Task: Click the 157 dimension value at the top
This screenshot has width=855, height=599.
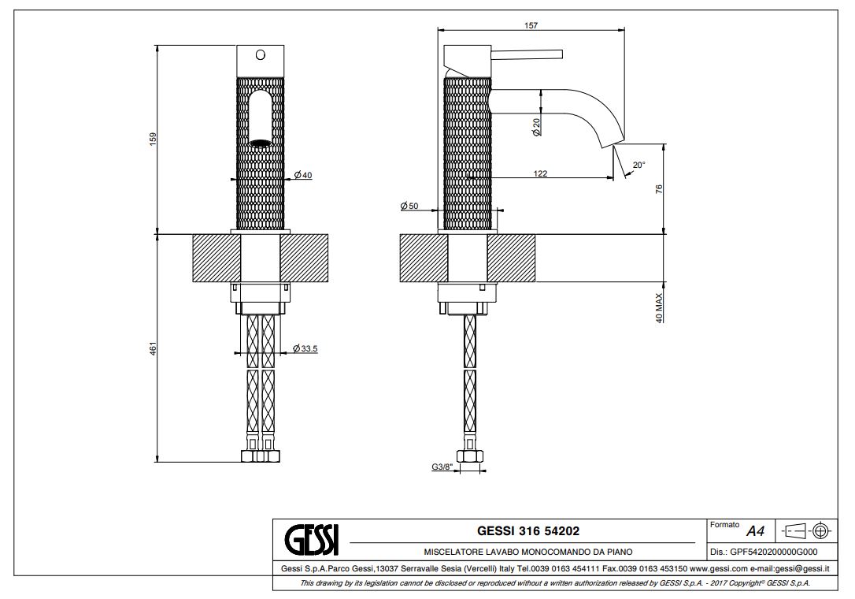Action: pyautogui.click(x=531, y=26)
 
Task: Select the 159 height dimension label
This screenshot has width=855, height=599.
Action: pyautogui.click(x=154, y=137)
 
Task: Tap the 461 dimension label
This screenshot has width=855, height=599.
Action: pyautogui.click(x=154, y=348)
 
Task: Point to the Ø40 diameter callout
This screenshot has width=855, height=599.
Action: pyautogui.click(x=303, y=175)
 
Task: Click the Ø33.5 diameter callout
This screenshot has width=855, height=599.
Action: pyautogui.click(x=305, y=348)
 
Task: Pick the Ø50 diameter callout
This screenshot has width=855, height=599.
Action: pyautogui.click(x=409, y=206)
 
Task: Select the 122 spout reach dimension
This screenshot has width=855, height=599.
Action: pyautogui.click(x=540, y=173)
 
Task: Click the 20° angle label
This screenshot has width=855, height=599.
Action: pyautogui.click(x=638, y=166)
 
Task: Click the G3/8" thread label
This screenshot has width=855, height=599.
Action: pyautogui.click(x=442, y=467)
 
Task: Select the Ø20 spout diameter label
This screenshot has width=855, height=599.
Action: pyautogui.click(x=537, y=127)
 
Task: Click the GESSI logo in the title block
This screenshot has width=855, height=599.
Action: pyautogui.click(x=310, y=541)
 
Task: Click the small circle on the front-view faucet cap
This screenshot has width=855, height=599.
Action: pyautogui.click(x=260, y=55)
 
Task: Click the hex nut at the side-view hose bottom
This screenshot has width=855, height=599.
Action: pyautogui.click(x=470, y=457)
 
